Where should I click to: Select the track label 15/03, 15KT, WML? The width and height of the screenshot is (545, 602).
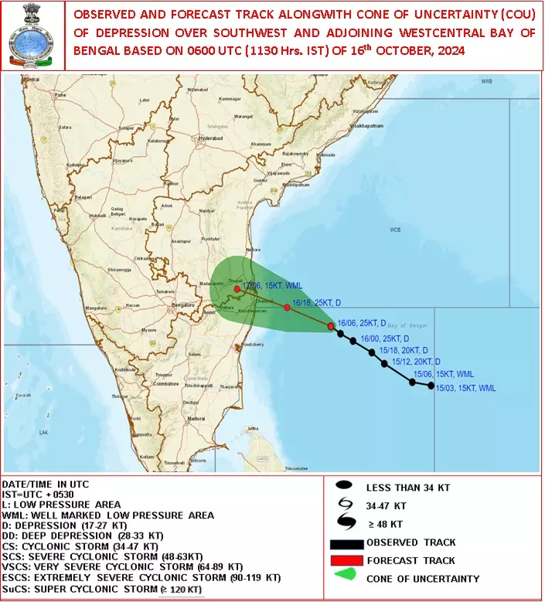(x=465, y=388)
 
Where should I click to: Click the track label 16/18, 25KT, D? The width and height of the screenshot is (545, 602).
(x=318, y=303)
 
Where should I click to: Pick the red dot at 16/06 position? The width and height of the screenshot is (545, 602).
(x=331, y=327)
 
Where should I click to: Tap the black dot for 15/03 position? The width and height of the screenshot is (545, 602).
(x=431, y=386)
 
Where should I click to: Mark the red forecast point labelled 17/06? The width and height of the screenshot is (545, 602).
(x=237, y=289)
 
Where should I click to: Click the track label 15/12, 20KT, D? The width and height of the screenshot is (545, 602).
(x=416, y=362)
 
